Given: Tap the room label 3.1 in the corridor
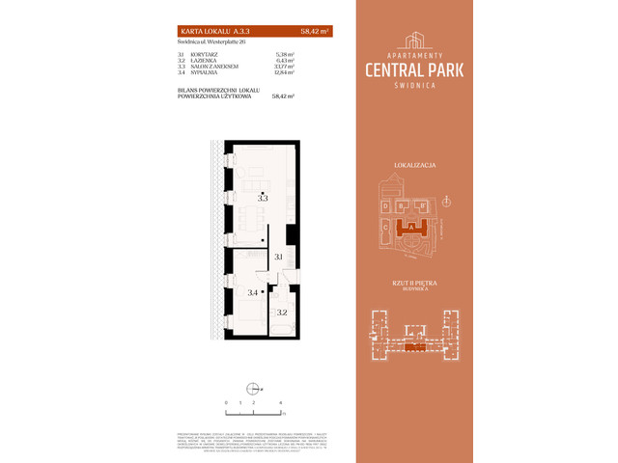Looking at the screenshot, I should (x=278, y=257).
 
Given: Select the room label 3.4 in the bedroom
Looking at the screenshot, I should (x=252, y=292).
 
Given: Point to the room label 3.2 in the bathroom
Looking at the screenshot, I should (x=281, y=313).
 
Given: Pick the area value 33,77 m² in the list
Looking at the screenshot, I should (x=283, y=66).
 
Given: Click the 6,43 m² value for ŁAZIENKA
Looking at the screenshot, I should (x=283, y=60).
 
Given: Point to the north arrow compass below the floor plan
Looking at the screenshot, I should (x=253, y=389).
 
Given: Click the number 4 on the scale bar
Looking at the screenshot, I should (x=280, y=400).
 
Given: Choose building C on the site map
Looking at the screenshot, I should (x=385, y=230).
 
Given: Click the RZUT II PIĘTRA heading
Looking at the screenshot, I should (x=413, y=282).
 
